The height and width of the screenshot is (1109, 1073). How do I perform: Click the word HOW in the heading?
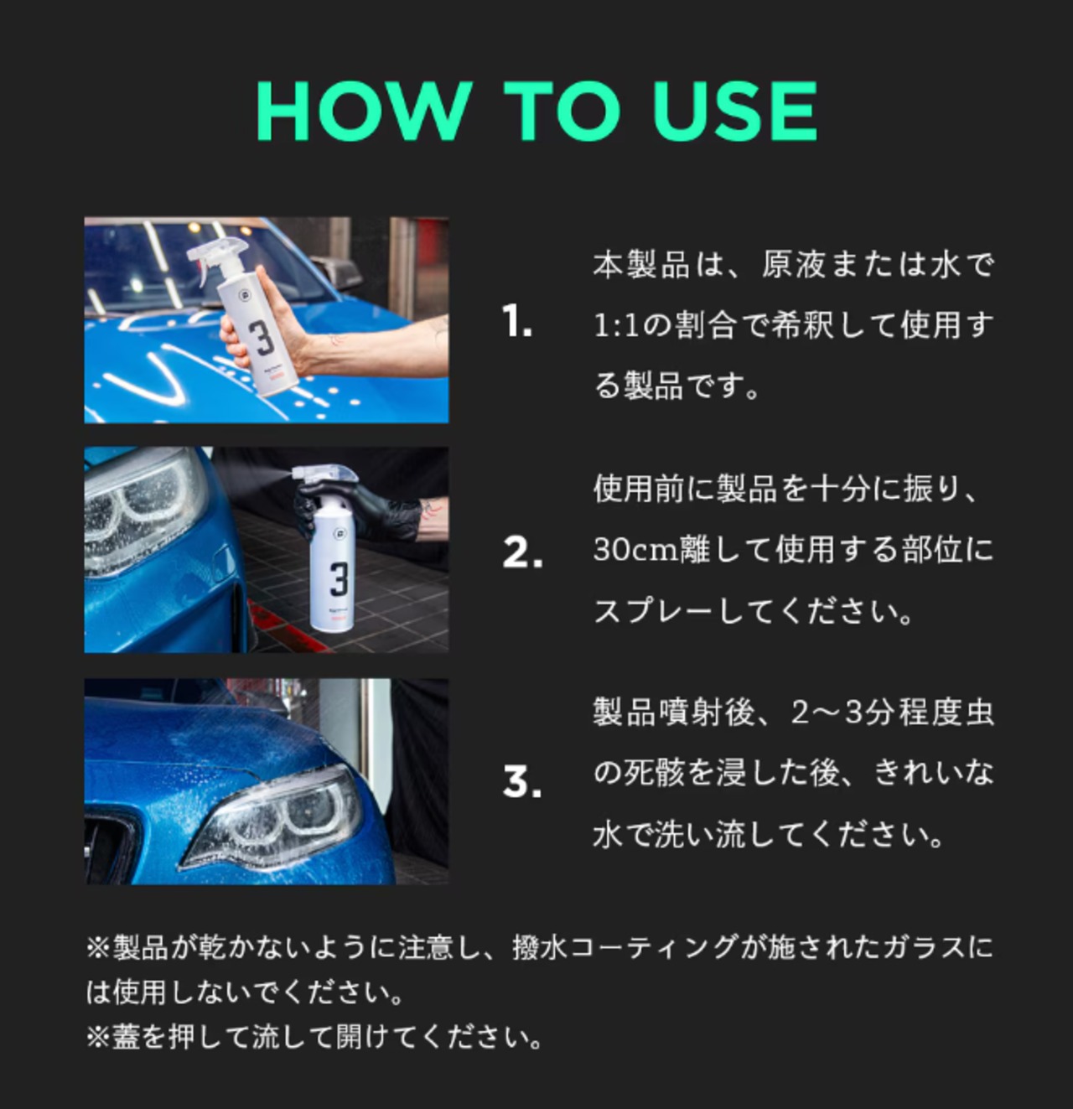click(x=364, y=111)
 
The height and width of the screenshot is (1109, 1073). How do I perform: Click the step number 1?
click(x=516, y=321)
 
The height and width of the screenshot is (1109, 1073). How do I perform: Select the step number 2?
click(x=522, y=552)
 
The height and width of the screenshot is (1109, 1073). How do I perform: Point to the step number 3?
click(x=522, y=781)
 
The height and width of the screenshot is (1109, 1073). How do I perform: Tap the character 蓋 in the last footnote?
click(x=126, y=1037)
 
